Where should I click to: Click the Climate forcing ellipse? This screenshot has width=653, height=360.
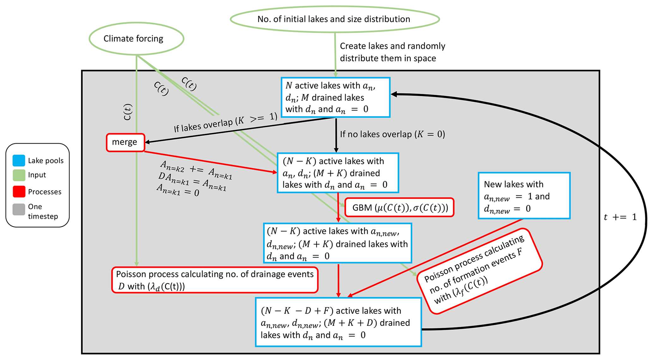tap(136, 39)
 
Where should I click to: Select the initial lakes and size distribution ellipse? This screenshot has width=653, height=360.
tap(335, 19)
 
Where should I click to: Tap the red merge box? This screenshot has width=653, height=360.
tap(125, 142)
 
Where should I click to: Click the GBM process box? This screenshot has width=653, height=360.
tap(399, 207)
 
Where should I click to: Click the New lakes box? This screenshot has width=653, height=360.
tap(524, 196)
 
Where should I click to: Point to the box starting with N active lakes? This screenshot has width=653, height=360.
tap(336, 97)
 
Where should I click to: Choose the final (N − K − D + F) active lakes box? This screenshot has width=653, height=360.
tap(338, 322)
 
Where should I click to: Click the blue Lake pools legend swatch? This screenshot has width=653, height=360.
tap(19, 160)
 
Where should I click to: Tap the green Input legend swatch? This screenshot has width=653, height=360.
tap(19, 175)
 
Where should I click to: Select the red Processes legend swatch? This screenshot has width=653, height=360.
tap(19, 192)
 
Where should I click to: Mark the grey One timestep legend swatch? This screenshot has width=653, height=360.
tap(19, 209)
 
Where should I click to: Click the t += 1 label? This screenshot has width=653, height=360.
tap(620, 217)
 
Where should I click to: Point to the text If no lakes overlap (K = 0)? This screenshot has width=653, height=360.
tap(392, 135)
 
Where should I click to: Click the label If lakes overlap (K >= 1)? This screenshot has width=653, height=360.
tap(225, 123)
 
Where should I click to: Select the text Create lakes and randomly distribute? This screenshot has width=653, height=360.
tap(392, 52)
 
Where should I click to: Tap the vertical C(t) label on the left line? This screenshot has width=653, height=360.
tap(128, 112)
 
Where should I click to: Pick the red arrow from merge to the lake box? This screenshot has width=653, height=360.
tap(210, 162)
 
